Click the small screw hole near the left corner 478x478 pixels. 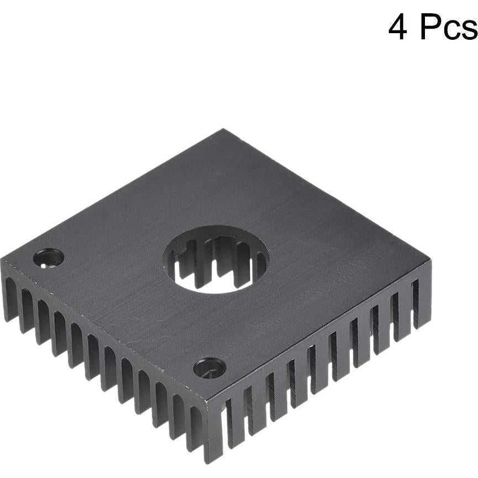click(49, 257)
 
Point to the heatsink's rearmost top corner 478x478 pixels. click(224, 131)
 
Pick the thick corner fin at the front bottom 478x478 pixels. click(211, 434)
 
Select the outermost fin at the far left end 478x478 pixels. click(7, 298)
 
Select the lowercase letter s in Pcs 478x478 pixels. click(468, 30)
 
